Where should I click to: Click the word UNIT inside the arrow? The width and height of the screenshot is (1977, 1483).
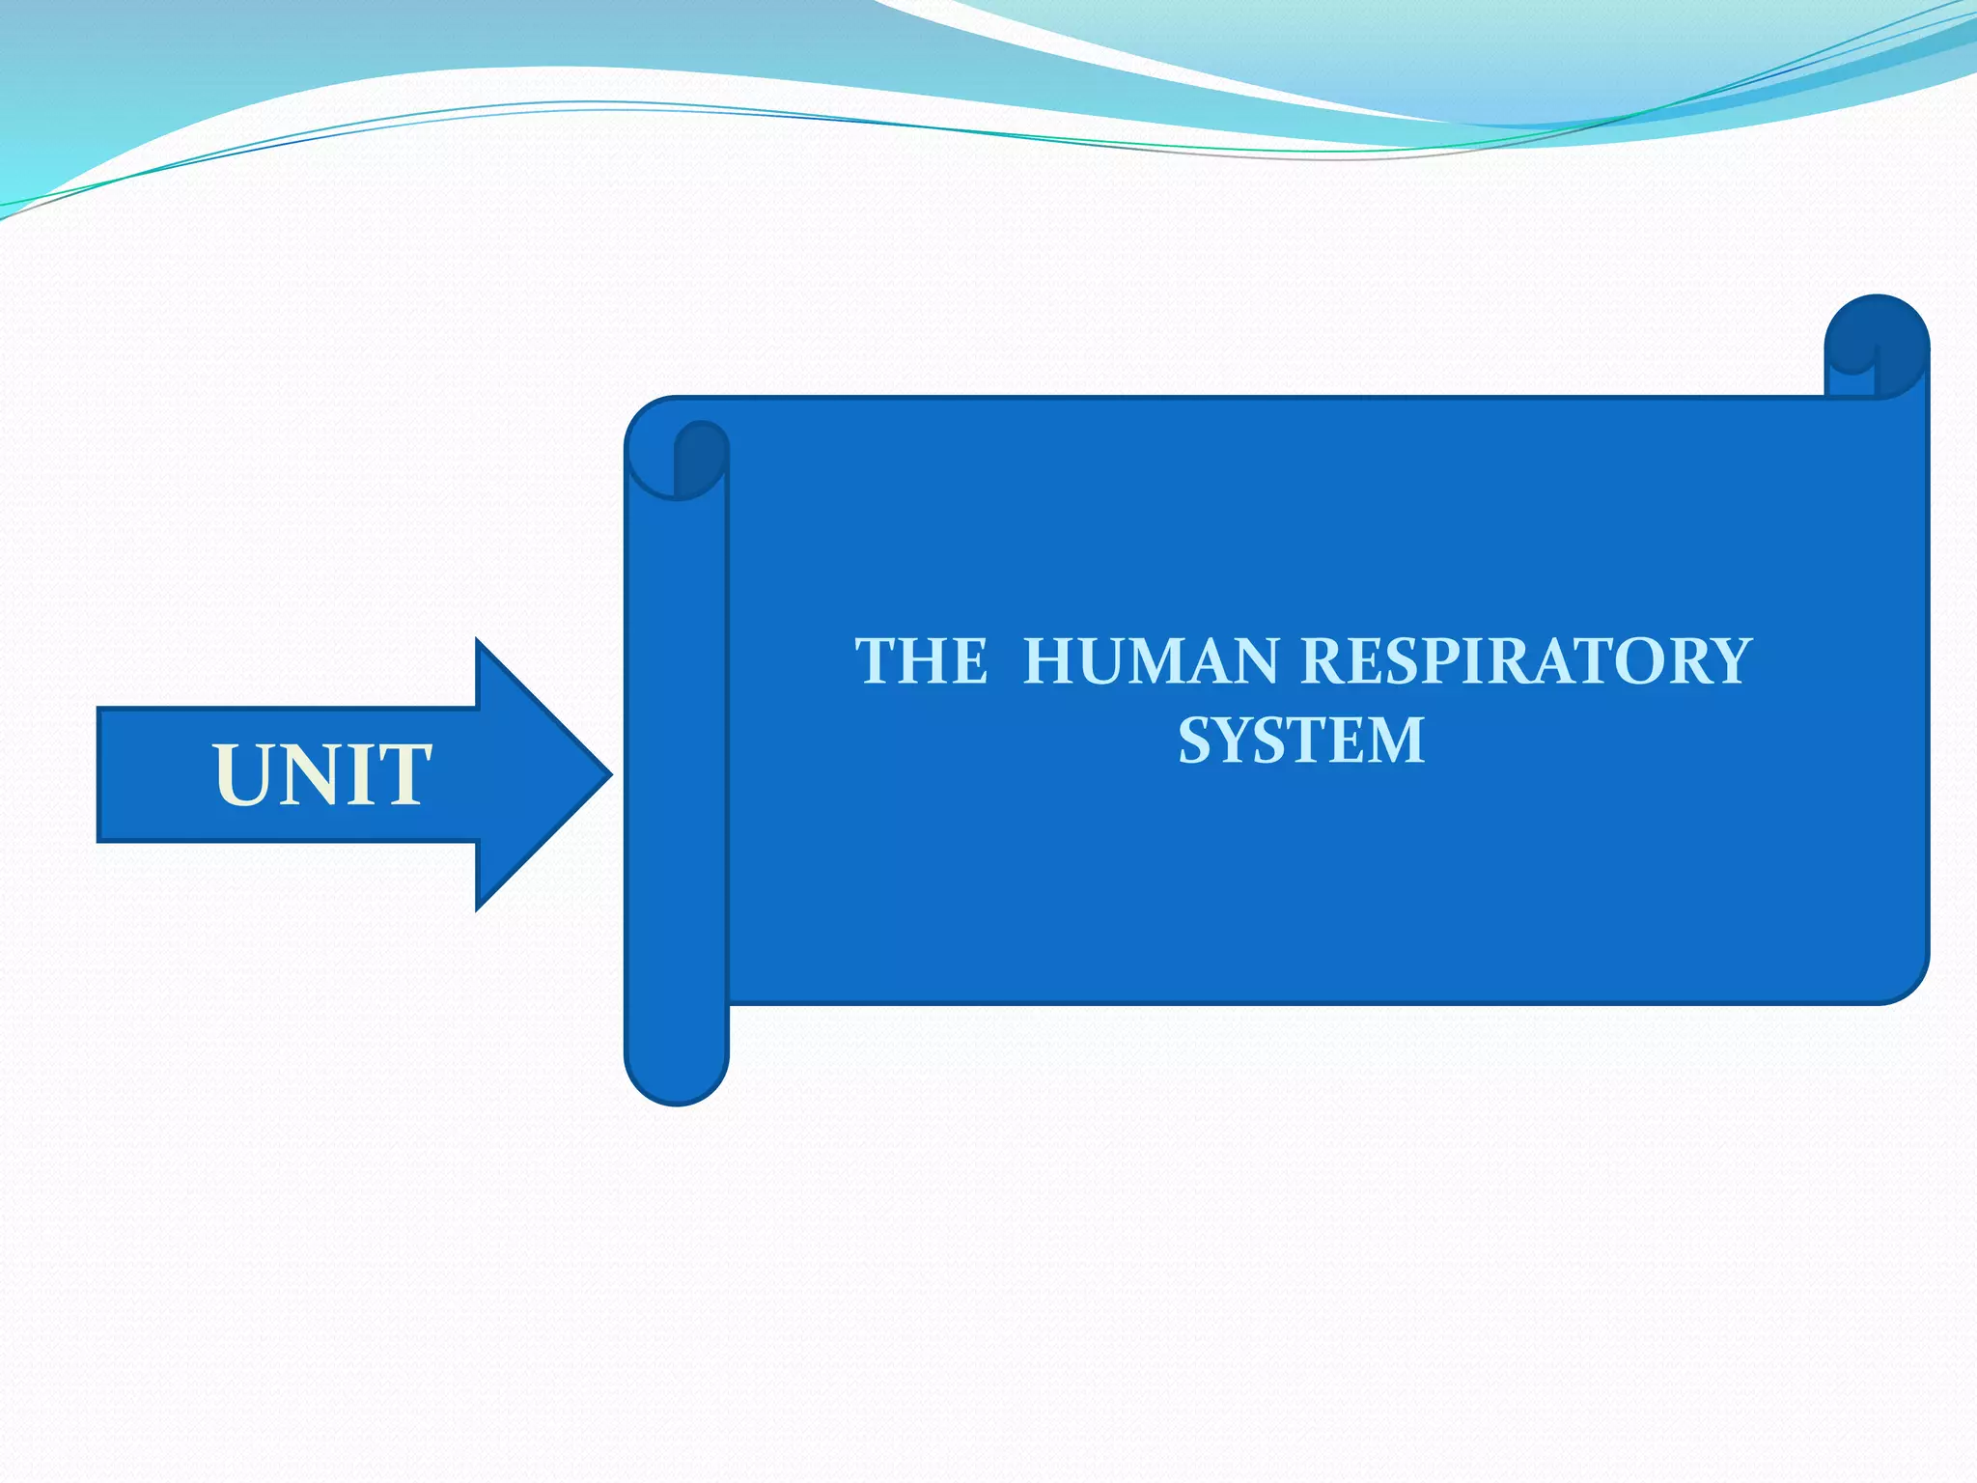pos(322,774)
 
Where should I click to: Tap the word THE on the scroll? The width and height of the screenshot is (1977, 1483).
pos(922,662)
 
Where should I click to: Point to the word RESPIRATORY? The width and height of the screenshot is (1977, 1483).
pos(1525,662)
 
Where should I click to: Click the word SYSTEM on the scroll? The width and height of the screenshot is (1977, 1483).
pos(1301,741)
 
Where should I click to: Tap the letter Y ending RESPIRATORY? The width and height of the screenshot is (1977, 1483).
pos(1724,662)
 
